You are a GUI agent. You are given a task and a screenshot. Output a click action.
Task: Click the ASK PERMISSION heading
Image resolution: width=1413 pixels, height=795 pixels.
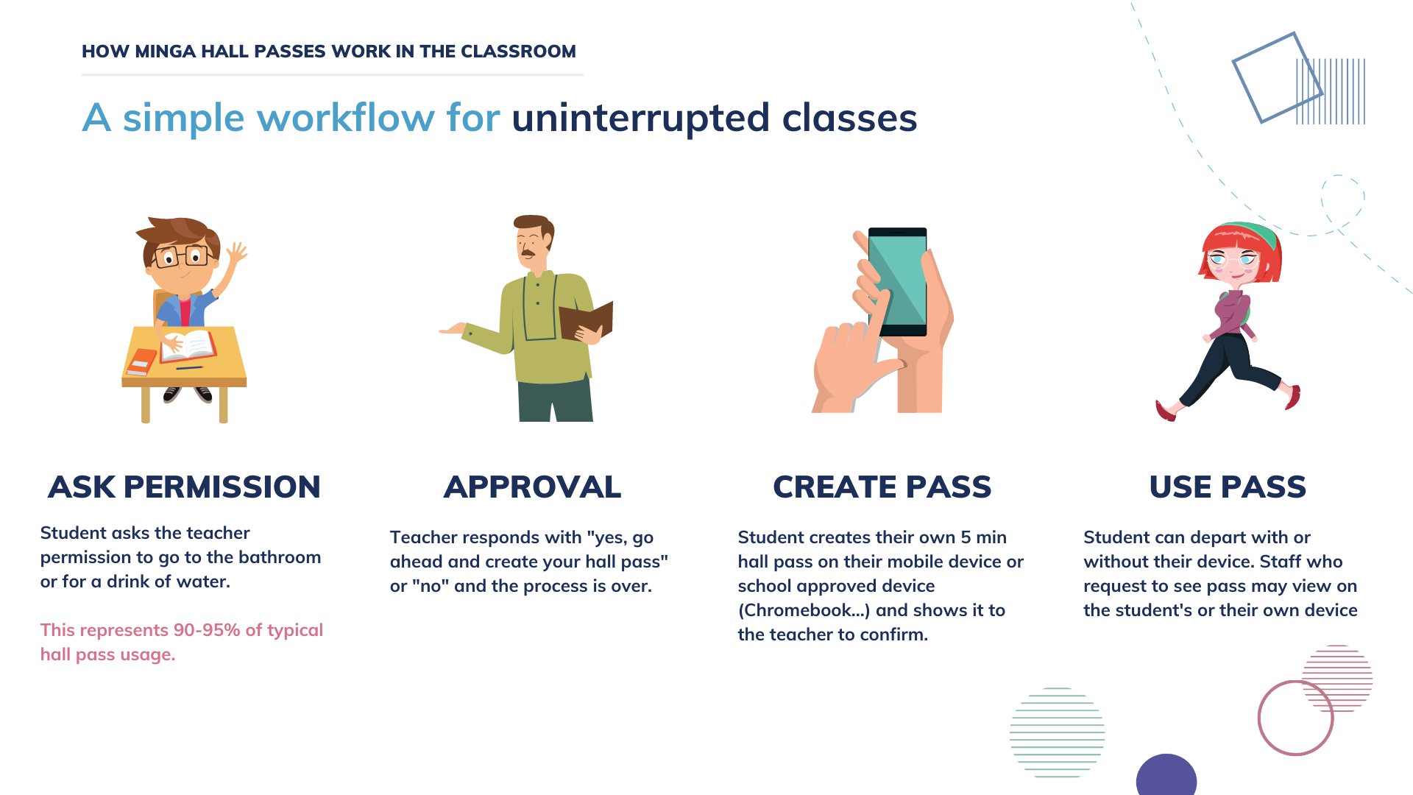point(184,487)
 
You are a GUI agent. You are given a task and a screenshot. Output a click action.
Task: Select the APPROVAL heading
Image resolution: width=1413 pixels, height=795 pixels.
point(532,487)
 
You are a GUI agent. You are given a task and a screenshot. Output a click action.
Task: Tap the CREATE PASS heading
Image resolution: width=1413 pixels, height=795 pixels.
point(882,487)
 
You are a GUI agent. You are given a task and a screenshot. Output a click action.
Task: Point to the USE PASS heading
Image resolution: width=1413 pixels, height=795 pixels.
point(1228,487)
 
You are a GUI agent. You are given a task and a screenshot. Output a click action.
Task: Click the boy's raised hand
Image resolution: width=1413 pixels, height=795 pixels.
point(236,254)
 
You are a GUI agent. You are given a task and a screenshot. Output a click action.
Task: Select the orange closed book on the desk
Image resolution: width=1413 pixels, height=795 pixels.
point(141,361)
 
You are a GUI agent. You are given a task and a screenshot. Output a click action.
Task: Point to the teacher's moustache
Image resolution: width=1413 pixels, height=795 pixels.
point(528,253)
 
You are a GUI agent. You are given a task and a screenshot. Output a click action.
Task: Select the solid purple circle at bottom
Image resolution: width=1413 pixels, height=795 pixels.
point(1166,776)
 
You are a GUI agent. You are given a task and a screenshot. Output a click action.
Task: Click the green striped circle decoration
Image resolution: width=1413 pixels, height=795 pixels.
point(1057,732)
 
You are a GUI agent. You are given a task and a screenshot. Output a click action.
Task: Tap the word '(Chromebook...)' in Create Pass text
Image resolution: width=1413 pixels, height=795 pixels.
point(804,611)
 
